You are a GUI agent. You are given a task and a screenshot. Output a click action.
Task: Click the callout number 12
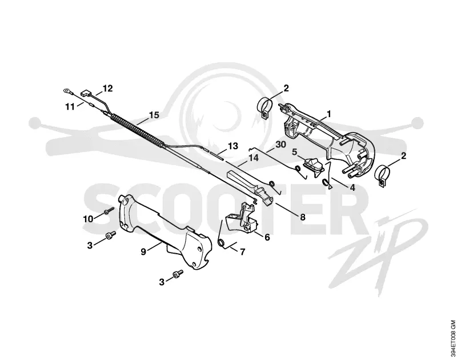coord(107,89)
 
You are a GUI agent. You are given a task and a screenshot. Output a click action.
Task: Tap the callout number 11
coord(70,107)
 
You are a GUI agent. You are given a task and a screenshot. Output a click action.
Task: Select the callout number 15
coord(154,115)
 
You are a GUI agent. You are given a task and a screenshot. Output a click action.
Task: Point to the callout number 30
coord(280,145)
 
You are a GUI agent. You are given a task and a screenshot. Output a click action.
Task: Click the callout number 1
coord(329,114)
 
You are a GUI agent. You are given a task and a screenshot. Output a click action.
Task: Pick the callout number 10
coord(89,219)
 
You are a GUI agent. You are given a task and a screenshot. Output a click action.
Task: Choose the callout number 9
coord(143,251)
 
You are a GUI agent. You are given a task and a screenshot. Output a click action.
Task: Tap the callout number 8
coord(303,217)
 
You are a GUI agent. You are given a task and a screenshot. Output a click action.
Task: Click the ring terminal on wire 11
coord(67,92)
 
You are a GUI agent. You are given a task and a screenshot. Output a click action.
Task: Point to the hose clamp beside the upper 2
coord(265,107)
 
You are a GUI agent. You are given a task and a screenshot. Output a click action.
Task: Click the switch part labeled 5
coord(314,167)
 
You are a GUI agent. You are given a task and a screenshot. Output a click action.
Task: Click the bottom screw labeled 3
coord(178,274)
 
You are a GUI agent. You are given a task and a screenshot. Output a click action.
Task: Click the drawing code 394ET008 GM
coord(452,340)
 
